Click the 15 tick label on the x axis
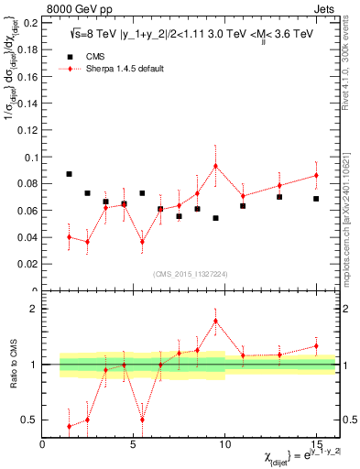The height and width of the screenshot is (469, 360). [316, 445]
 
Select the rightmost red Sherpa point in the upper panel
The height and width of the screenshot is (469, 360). [316, 175]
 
